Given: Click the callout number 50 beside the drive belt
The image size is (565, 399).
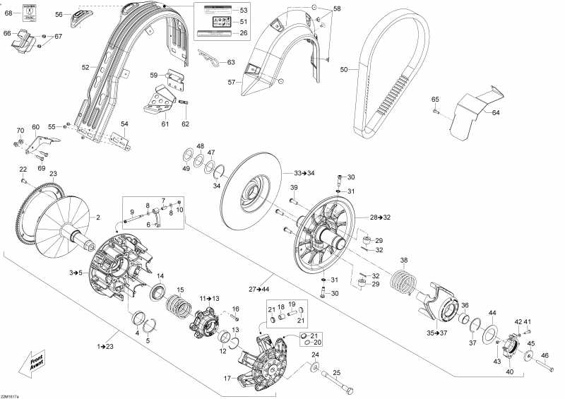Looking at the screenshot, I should pyautogui.click(x=344, y=70).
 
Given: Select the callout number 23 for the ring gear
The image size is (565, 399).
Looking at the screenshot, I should pyautogui.click(x=53, y=174).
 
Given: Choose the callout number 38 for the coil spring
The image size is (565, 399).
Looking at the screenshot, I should pyautogui.click(x=404, y=259).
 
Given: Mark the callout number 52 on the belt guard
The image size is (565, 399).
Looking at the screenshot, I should pyautogui.click(x=85, y=67).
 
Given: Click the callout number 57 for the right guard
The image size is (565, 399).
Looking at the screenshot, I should pyautogui.click(x=230, y=83).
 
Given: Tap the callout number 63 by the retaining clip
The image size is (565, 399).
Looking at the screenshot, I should pyautogui.click(x=231, y=63).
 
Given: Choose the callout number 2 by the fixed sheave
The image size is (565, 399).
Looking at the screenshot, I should pyautogui.click(x=98, y=217).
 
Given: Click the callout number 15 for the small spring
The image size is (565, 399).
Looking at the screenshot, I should pyautogui.click(x=180, y=290).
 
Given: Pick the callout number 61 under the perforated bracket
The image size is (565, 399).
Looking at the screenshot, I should pyautogui.click(x=165, y=124).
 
